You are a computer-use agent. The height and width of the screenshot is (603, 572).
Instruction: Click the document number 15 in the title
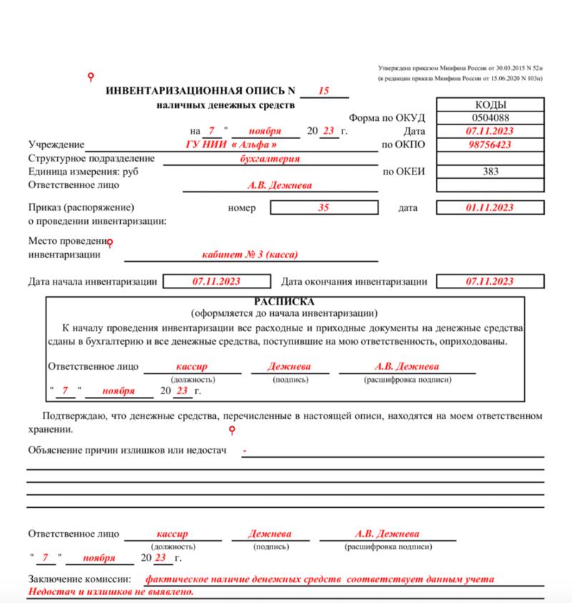point(323,91)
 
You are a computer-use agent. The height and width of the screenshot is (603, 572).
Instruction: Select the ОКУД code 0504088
point(490,117)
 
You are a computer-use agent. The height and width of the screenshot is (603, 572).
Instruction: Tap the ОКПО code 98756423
point(490,144)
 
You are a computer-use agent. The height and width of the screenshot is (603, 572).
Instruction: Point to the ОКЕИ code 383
point(490,171)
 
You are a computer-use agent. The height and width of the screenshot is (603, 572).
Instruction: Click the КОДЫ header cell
point(490,104)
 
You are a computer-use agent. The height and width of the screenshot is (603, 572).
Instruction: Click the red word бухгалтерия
point(270,159)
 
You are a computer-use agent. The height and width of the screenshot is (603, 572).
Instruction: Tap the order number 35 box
point(323,207)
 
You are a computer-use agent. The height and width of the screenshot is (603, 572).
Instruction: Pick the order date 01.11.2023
point(490,207)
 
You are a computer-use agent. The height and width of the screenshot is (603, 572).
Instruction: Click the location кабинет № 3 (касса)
point(250,255)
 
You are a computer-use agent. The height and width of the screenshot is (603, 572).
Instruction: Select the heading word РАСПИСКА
point(284,302)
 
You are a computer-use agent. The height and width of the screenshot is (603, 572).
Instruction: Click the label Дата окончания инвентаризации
point(355,282)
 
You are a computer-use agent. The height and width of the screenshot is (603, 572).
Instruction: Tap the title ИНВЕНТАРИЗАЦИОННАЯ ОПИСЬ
point(200,91)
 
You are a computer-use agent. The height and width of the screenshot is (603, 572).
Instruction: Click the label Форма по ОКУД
point(387,118)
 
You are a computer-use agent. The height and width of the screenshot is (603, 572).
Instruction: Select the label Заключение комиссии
point(79,579)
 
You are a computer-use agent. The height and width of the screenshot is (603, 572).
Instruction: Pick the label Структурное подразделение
point(91,159)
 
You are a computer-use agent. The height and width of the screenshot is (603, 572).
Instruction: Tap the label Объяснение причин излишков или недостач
point(127,450)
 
